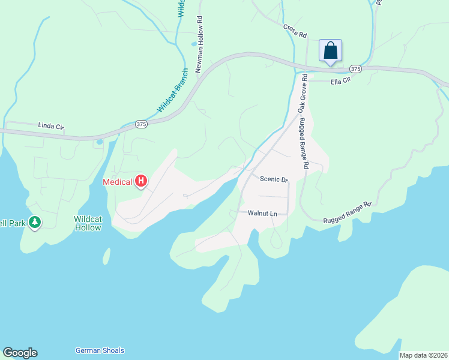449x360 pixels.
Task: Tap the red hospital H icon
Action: (x=141, y=181)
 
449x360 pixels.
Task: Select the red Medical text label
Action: (x=118, y=182)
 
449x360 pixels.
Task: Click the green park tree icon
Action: (x=35, y=223)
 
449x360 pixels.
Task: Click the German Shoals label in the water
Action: (x=100, y=350)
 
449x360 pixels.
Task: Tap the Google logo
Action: (x=20, y=353)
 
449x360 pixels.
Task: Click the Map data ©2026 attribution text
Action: (x=424, y=355)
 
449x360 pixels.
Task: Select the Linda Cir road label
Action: (x=51, y=127)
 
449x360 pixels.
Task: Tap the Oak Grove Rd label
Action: (x=302, y=94)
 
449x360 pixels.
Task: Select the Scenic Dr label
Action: (x=274, y=179)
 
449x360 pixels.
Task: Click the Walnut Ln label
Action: (x=263, y=213)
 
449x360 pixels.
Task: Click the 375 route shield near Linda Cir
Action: (x=141, y=124)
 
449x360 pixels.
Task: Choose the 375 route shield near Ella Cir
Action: (x=356, y=69)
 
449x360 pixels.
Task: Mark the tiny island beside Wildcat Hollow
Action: (x=106, y=256)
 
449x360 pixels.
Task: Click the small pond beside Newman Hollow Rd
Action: (x=193, y=44)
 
